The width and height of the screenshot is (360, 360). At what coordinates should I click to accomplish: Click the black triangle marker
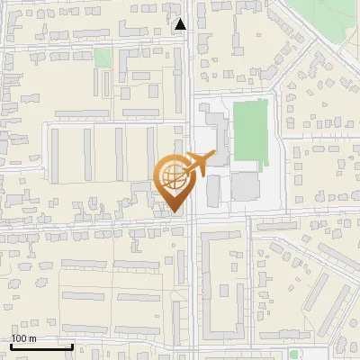coord(181,24)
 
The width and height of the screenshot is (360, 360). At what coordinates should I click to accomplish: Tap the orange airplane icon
coord(196,165)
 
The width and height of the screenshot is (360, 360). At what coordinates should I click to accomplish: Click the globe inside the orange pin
coord(174,177)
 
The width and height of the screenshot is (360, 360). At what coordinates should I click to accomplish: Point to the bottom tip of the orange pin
coord(175,212)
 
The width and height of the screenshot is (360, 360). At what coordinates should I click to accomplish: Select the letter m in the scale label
coord(33,338)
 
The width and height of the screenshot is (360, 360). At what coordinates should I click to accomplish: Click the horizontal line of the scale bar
coord(41,346)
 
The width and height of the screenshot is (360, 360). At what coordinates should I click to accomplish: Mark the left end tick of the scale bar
coord(12,344)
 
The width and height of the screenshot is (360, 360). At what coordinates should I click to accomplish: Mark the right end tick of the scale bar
coord(72,344)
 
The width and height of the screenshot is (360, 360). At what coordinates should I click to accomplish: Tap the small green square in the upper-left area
coord(103,58)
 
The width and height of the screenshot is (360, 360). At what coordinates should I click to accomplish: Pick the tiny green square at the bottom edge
coord(293,355)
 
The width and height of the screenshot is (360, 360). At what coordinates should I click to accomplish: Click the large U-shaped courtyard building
coord(221,279)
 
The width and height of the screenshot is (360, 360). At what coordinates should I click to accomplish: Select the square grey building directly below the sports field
coord(244,186)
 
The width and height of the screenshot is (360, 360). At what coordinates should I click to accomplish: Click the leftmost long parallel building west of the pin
coord(55,157)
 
